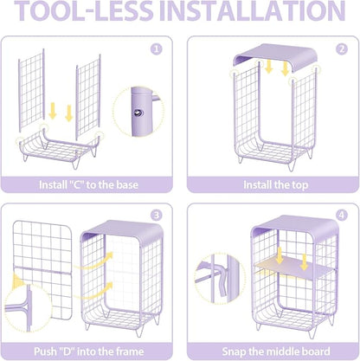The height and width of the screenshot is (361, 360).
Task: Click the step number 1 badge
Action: (x=157, y=49)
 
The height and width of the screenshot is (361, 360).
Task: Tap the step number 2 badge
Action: (x=342, y=49)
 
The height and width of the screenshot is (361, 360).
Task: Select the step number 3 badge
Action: (x=157, y=215)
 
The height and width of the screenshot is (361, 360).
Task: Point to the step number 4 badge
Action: (x=342, y=215)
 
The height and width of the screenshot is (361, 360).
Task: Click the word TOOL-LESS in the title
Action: (x=84, y=11)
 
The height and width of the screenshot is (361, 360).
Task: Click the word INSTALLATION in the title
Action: (x=253, y=11)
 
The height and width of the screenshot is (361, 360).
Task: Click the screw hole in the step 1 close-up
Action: (x=138, y=113)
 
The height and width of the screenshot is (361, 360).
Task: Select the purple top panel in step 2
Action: (x=275, y=55)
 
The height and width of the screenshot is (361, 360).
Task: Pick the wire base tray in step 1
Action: (x=59, y=147)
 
